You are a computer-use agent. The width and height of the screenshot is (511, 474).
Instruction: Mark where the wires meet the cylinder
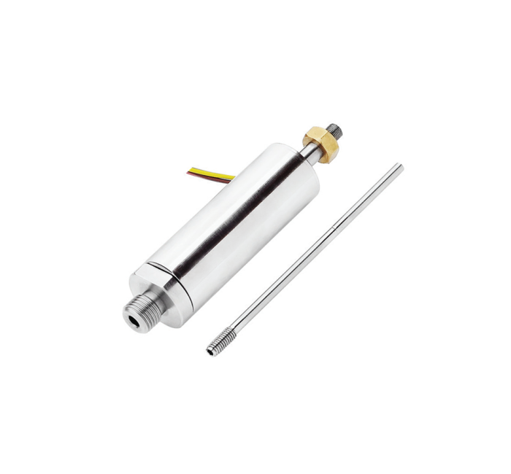click(234, 177)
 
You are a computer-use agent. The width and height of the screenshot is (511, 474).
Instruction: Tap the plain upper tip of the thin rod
click(399, 168)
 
